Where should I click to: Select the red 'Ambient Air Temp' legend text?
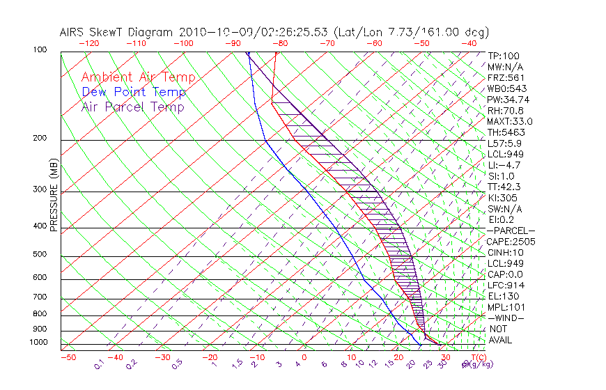(x=138, y=77)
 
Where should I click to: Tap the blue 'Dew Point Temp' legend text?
(x=134, y=92)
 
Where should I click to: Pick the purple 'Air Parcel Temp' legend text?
(x=132, y=107)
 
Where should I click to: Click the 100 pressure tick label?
(x=40, y=50)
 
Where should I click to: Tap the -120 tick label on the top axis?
(x=88, y=43)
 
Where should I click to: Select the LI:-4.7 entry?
(x=504, y=165)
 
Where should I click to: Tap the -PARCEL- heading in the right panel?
(x=511, y=231)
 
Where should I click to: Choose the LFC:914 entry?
(x=506, y=286)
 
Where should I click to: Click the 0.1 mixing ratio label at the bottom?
(x=100, y=363)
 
